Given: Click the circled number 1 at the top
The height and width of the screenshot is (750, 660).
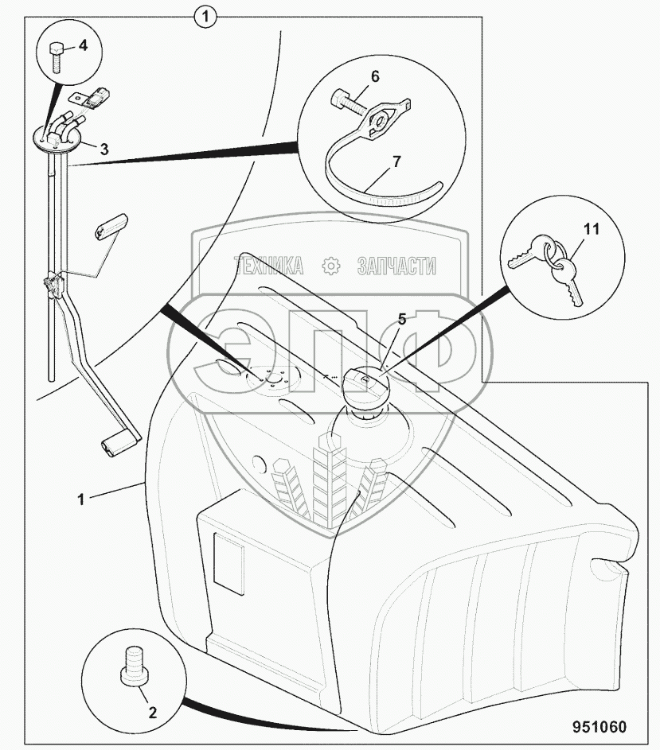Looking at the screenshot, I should click(206, 15).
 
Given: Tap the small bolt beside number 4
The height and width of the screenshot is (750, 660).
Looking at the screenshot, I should click(57, 57).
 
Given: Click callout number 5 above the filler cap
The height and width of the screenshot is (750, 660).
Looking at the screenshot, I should click(401, 321).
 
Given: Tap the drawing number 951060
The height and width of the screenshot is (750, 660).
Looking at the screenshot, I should click(598, 727).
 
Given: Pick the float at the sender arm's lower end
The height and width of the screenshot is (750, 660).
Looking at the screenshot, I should click(118, 445).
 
